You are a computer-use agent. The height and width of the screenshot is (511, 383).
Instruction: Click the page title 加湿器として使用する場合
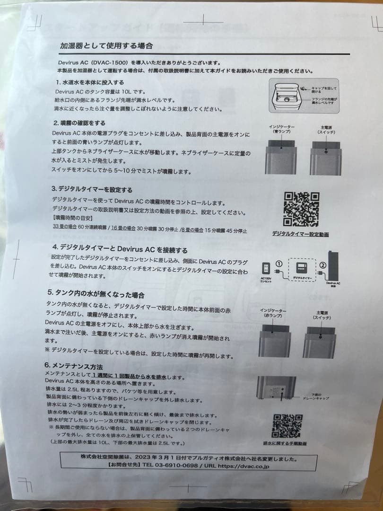(106, 46)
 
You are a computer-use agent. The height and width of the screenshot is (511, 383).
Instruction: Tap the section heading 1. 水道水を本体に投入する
(89, 82)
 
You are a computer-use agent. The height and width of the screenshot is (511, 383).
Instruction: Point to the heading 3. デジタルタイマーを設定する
(93, 190)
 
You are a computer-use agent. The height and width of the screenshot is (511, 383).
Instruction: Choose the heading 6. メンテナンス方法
(74, 366)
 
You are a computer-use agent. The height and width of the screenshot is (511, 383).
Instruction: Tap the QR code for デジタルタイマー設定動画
(301, 209)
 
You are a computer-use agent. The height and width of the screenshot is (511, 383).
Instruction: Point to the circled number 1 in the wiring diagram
(279, 264)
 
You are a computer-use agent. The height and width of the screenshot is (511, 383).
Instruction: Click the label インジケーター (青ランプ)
(281, 130)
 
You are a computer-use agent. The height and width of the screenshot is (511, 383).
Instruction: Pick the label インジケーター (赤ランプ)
(273, 313)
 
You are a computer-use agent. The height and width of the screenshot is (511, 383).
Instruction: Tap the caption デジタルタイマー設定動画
(301, 234)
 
